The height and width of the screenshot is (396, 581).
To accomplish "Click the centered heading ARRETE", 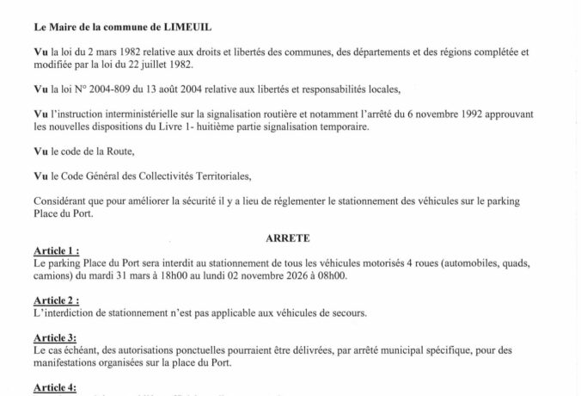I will [x=290, y=238].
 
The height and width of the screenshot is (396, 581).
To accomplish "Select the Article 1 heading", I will [x=56, y=251].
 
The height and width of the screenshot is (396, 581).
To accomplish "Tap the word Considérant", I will [x=64, y=201].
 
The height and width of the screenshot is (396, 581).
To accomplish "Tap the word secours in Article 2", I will [x=346, y=312].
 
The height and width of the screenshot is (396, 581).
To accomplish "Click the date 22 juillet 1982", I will [x=163, y=64].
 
